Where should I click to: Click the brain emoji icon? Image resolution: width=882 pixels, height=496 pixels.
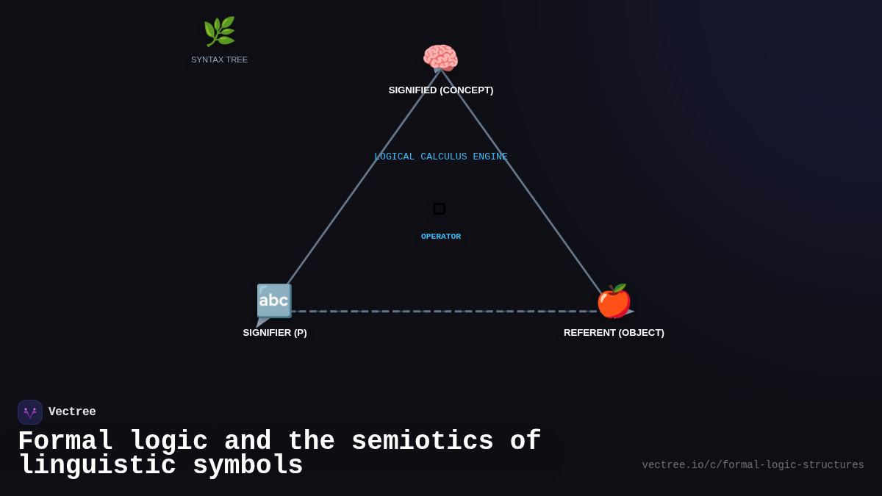click(x=440, y=58)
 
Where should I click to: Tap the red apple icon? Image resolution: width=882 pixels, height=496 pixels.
click(x=614, y=301)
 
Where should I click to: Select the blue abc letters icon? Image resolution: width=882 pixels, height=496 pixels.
click(x=274, y=301)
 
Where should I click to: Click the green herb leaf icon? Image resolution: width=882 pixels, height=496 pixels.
click(x=219, y=32)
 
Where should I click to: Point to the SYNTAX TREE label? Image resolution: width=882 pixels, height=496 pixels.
click(x=219, y=60)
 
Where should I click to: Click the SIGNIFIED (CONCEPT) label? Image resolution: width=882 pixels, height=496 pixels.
click(x=441, y=90)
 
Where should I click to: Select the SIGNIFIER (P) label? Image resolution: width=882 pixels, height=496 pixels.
click(x=275, y=333)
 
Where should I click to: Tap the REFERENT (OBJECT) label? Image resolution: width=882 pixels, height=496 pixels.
click(x=614, y=333)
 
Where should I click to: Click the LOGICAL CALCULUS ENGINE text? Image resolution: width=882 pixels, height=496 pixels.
click(x=441, y=157)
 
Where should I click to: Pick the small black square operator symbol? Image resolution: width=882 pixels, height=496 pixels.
click(x=440, y=209)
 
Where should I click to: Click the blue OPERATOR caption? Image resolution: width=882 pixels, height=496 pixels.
click(x=441, y=237)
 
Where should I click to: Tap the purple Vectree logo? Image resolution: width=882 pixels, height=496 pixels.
click(x=30, y=412)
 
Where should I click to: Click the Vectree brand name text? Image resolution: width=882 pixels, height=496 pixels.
click(x=72, y=412)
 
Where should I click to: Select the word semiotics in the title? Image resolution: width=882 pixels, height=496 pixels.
click(x=422, y=442)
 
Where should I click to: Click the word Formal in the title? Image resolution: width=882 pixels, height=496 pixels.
click(x=65, y=442)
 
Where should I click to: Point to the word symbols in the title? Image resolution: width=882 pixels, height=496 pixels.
click(x=248, y=466)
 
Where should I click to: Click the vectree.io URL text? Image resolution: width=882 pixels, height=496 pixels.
click(x=753, y=465)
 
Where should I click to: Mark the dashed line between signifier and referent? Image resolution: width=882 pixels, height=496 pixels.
click(x=441, y=311)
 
